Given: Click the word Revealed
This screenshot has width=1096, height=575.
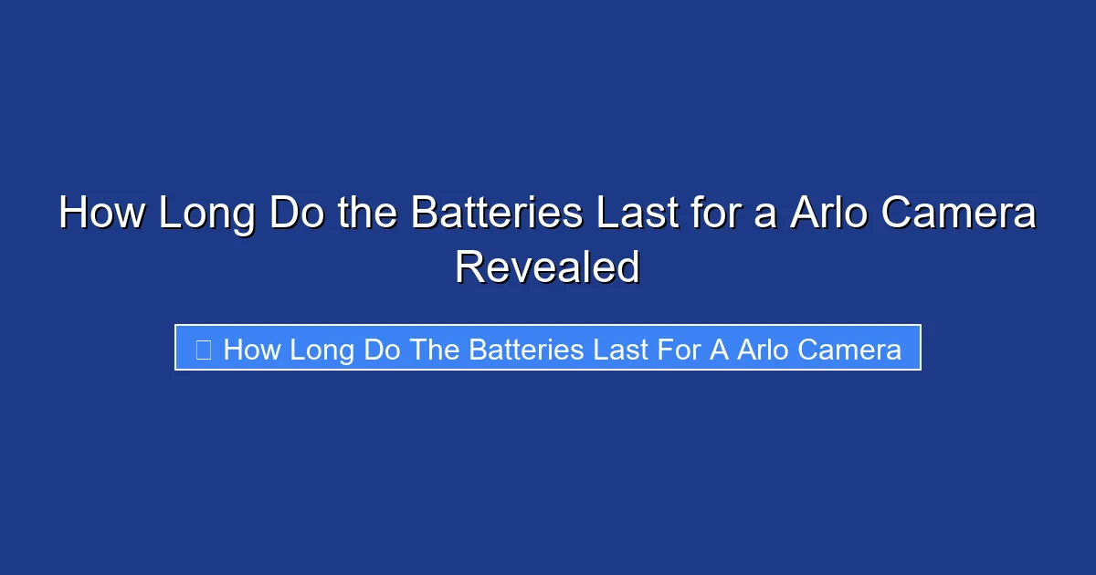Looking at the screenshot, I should click(547, 267).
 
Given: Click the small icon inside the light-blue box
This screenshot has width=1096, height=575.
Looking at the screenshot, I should click(204, 349).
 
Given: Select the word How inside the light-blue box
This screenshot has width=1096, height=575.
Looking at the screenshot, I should click(252, 349).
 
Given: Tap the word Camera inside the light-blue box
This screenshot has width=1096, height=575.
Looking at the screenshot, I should click(849, 349).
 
